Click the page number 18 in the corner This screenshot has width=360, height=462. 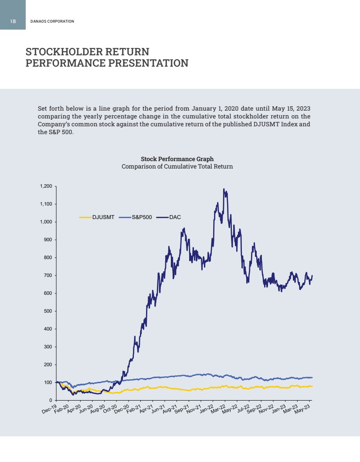tap(13, 21)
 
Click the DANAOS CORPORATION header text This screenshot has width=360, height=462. tap(52, 21)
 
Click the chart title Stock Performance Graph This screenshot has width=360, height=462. tap(177, 159)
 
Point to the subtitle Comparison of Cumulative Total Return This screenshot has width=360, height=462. tap(177, 166)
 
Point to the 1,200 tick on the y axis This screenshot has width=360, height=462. tap(46, 186)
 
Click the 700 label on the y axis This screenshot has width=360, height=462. tap(48, 276)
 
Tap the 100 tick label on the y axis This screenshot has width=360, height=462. tap(48, 382)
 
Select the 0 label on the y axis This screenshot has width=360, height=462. tap(51, 400)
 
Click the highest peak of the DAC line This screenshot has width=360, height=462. tap(224, 189)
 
